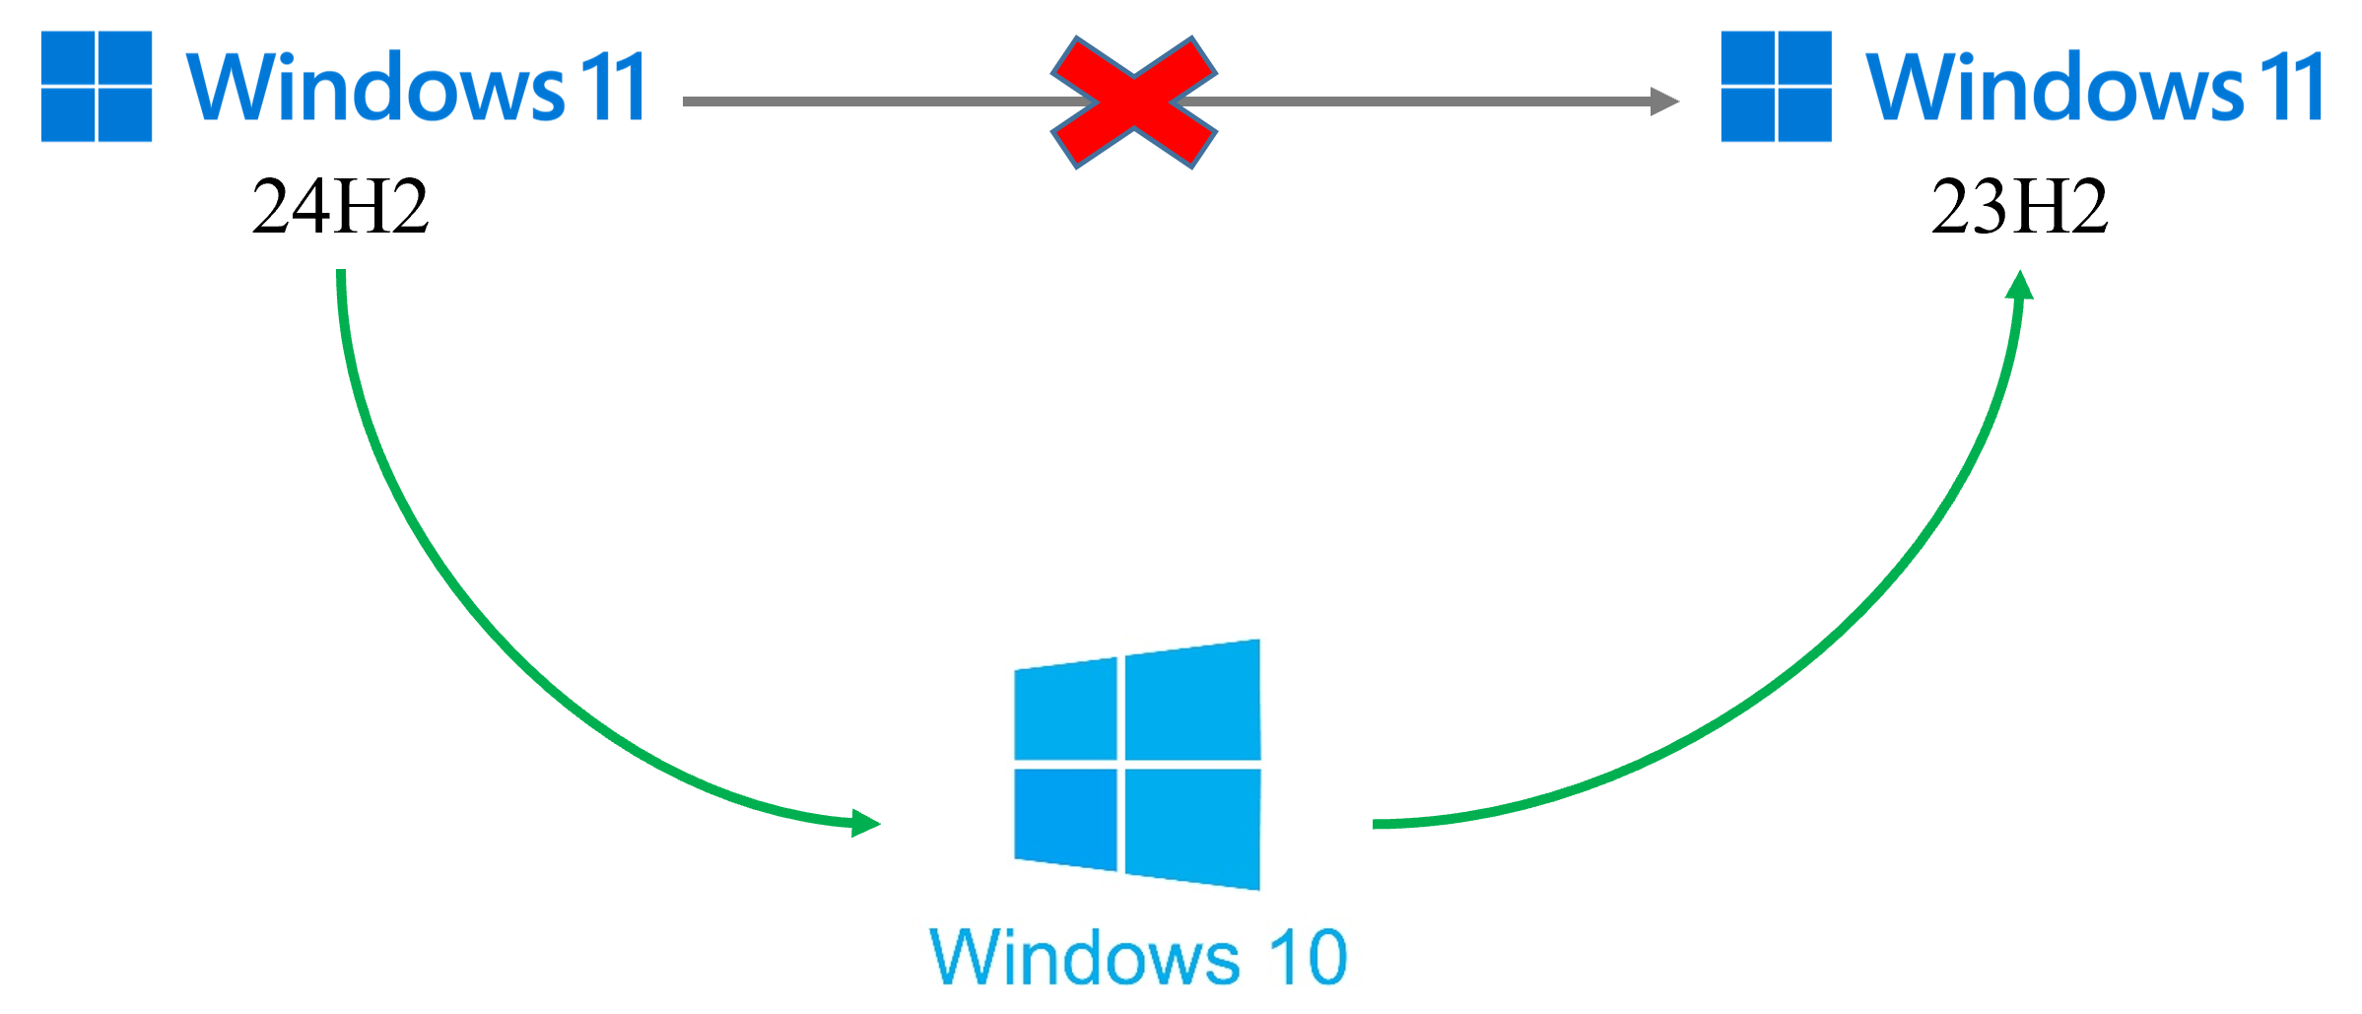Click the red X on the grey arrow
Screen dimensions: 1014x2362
(x=1133, y=101)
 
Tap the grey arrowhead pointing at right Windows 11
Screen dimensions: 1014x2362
(x=1665, y=101)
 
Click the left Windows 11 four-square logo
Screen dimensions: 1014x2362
(x=97, y=87)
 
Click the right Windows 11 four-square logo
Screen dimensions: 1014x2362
(x=1776, y=87)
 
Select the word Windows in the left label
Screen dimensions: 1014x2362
(x=374, y=88)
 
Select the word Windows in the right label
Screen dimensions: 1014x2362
(x=2054, y=88)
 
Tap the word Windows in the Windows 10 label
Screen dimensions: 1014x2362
(x=1084, y=957)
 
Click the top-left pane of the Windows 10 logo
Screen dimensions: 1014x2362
(x=1066, y=710)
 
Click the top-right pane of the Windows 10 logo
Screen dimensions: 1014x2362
(x=1192, y=702)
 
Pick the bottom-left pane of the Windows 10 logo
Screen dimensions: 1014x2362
(x=1066, y=818)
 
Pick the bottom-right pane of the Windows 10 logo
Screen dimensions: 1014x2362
(x=1192, y=826)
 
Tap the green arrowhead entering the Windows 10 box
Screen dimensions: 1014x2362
(x=866, y=822)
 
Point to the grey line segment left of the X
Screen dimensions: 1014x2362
(x=867, y=101)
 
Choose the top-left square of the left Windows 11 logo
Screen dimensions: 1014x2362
(x=68, y=58)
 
